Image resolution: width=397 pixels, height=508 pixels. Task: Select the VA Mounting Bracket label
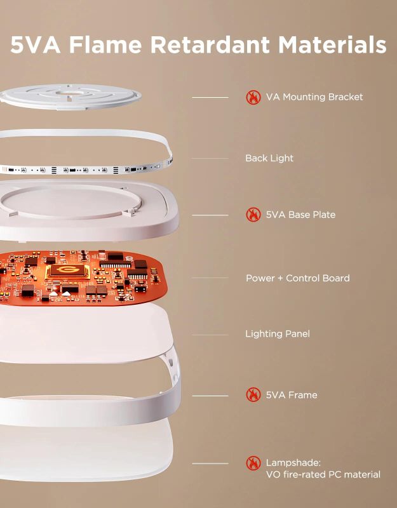(314, 97)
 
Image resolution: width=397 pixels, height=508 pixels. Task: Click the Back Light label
(269, 158)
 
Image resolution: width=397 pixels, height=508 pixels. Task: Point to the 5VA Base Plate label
(300, 215)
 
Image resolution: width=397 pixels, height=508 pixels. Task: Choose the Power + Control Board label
(297, 278)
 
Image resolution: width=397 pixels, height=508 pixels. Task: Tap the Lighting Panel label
(278, 333)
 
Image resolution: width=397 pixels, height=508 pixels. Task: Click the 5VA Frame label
(292, 395)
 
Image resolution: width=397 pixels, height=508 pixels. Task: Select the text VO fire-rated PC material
(323, 474)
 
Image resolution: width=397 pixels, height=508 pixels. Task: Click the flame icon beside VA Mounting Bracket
(253, 97)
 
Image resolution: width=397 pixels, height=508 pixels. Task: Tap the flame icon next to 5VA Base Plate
(253, 215)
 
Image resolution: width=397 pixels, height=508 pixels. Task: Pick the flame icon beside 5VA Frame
(253, 395)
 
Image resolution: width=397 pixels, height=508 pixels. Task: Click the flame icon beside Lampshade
(253, 463)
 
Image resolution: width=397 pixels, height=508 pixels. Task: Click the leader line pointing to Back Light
(210, 159)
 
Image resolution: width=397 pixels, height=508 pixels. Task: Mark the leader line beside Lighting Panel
(210, 335)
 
